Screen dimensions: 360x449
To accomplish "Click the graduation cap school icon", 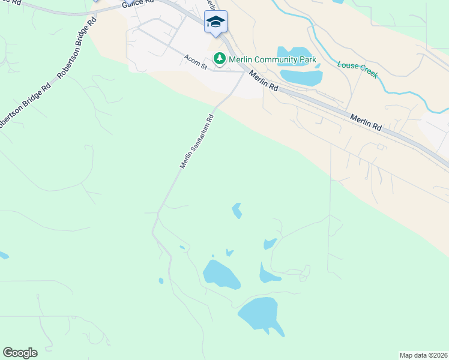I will [215, 22].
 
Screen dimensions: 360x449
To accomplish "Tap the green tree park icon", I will [220, 59].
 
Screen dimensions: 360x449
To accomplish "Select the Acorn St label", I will [195, 62].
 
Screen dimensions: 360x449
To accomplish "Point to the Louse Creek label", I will [357, 69].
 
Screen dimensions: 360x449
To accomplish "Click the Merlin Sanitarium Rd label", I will [197, 141].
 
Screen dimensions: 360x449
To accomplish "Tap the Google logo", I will [20, 353].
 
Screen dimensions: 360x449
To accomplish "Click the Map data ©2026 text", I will [423, 355].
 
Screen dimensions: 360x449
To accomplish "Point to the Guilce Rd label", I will [134, 4].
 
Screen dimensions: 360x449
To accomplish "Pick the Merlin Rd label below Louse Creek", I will [366, 123].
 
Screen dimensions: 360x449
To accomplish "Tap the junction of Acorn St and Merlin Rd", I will [244, 71].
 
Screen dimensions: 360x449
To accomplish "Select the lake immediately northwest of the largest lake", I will [221, 275].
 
